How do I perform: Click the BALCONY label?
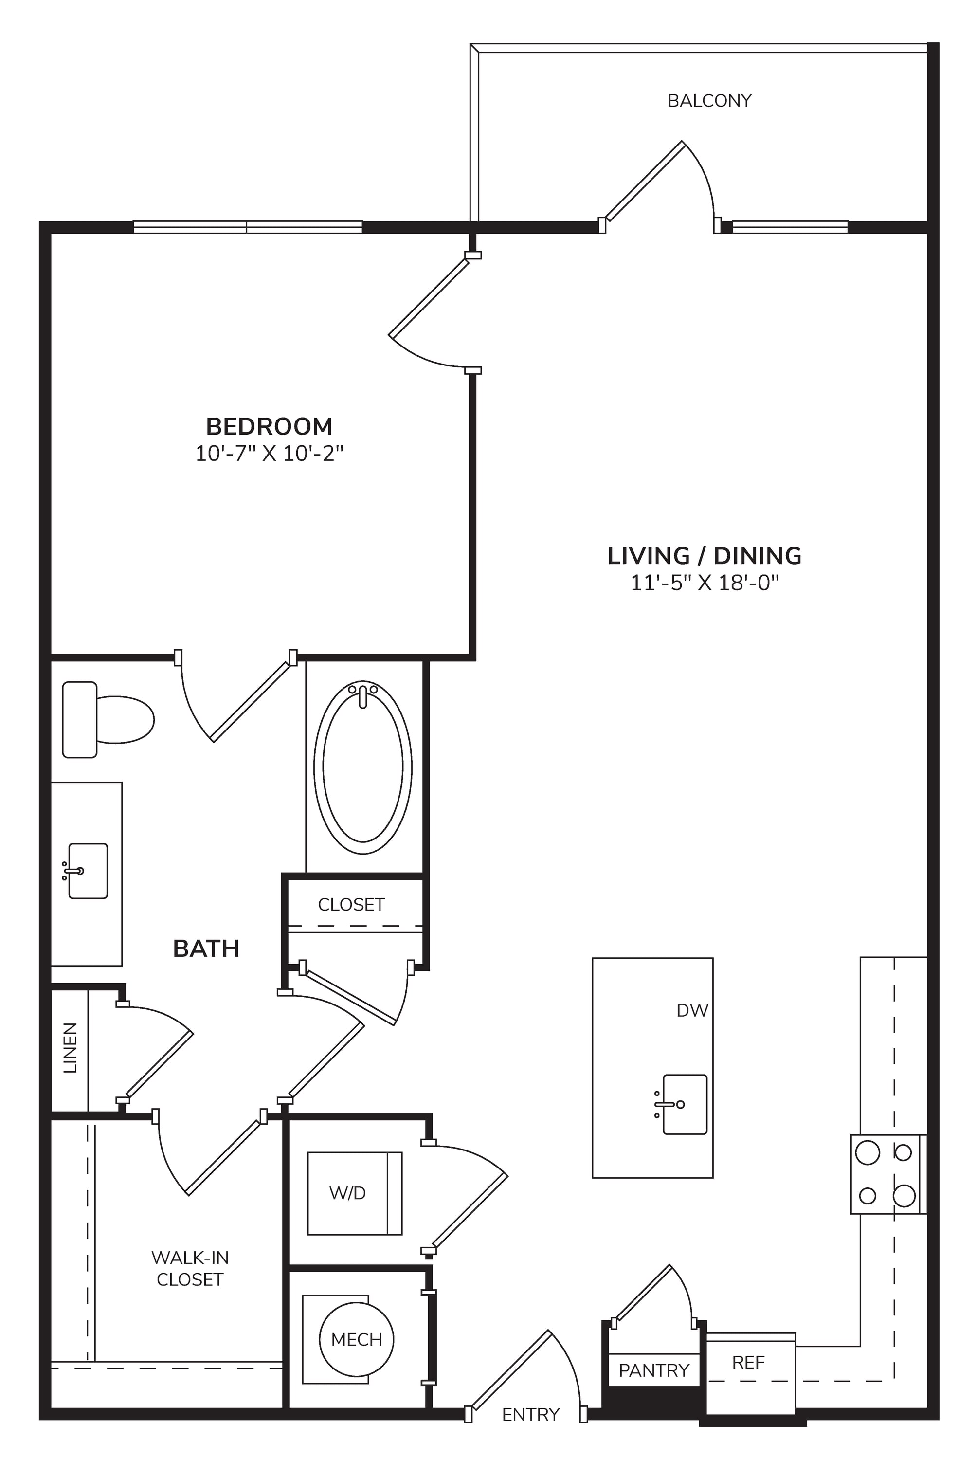709,101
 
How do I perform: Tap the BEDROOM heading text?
269,426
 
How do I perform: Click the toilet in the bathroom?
108,720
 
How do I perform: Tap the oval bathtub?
363,767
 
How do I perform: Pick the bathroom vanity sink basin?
88,871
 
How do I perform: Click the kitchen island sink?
685,1104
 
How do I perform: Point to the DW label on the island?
692,1010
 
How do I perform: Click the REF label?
748,1362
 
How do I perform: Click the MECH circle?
357,1339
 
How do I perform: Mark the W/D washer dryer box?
355,1193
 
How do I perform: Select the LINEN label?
71,1048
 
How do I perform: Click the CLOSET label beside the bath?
351,905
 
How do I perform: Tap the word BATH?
206,949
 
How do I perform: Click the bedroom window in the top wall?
248,227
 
